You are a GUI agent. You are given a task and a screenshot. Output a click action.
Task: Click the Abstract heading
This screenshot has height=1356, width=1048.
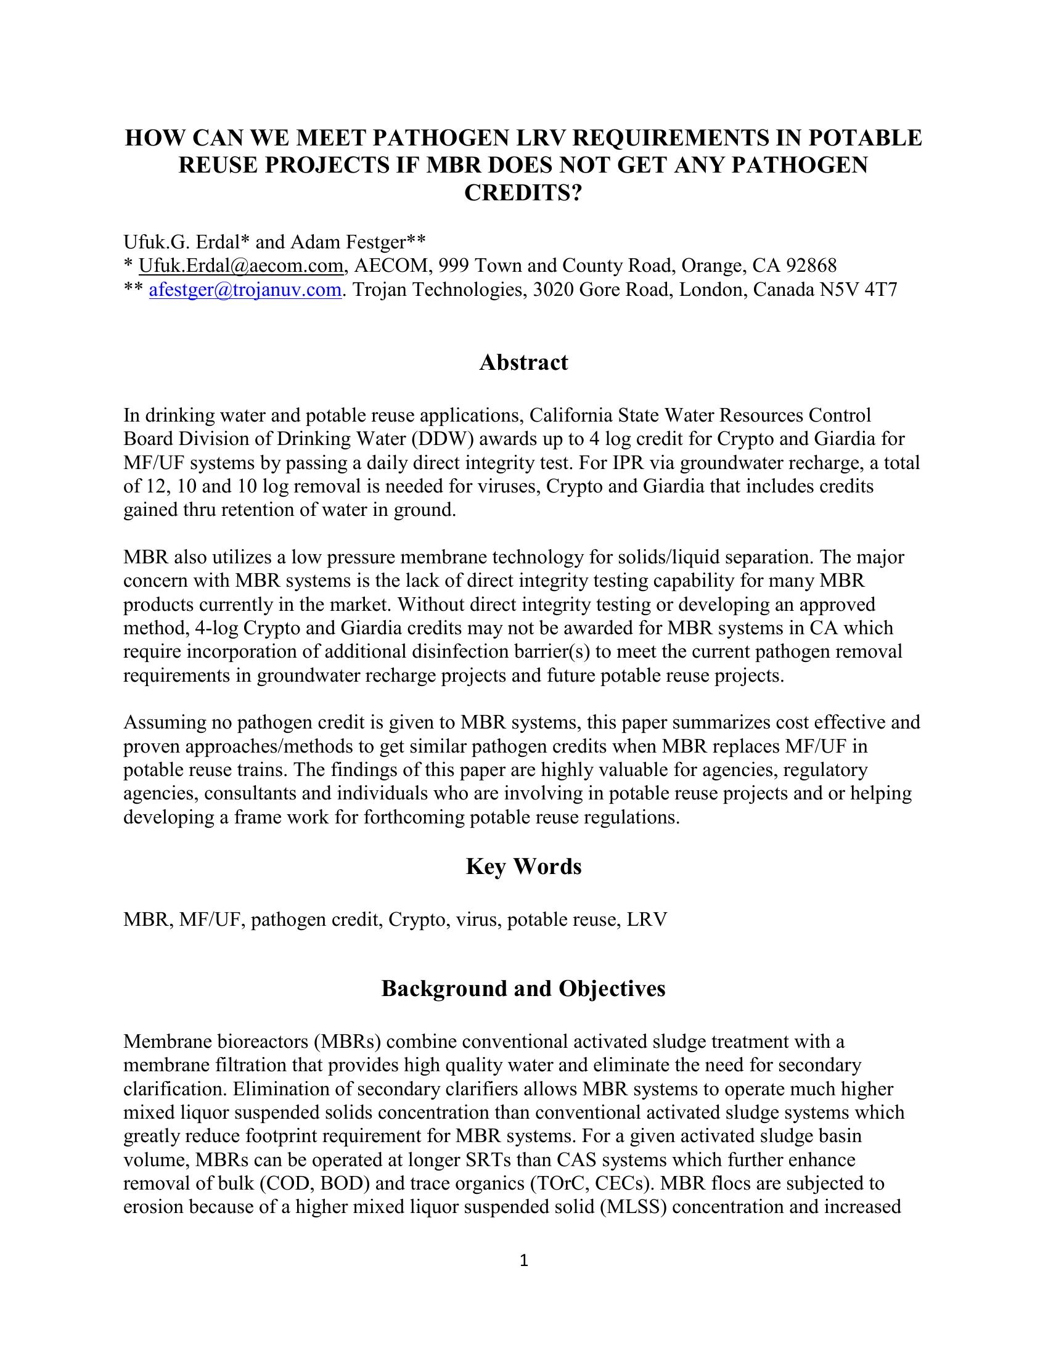(x=523, y=362)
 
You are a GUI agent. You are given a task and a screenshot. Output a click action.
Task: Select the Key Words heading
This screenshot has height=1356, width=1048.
(x=523, y=866)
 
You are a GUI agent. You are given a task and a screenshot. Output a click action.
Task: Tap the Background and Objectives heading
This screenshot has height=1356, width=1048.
(x=523, y=988)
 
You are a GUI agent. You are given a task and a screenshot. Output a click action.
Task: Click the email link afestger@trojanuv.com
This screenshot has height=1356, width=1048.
(x=245, y=290)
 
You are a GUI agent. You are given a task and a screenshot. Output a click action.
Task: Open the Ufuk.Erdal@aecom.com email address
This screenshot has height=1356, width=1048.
(x=241, y=266)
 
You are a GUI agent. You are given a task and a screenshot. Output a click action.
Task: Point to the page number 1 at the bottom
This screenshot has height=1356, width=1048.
(x=523, y=1260)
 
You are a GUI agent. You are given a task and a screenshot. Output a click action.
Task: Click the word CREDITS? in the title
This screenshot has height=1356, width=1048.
(x=523, y=193)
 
